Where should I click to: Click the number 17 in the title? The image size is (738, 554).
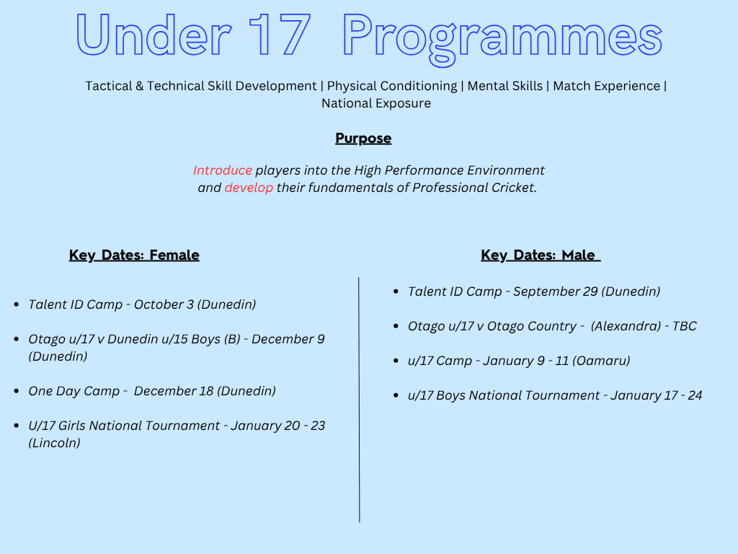(280, 35)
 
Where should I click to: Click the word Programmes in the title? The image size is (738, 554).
(502, 39)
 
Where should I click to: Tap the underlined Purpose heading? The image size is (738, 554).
(363, 138)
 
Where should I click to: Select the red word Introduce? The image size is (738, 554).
(222, 170)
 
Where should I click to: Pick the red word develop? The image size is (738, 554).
(249, 188)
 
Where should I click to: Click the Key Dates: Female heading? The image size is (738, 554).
(134, 255)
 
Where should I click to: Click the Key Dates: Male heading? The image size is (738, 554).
(541, 255)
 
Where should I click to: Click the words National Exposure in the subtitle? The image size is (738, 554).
(376, 103)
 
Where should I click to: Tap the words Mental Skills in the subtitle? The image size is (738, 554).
(505, 86)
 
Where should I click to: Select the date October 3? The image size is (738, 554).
(164, 304)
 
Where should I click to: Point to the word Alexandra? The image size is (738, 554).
(626, 326)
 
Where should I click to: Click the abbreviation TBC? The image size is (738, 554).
(685, 326)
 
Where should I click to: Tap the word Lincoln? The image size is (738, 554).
(54, 443)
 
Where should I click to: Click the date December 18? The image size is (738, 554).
(174, 391)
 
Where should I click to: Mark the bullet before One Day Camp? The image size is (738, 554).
(17, 391)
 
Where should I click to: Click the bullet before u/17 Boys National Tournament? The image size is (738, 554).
(396, 395)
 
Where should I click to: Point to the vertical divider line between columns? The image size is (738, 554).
(359, 400)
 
